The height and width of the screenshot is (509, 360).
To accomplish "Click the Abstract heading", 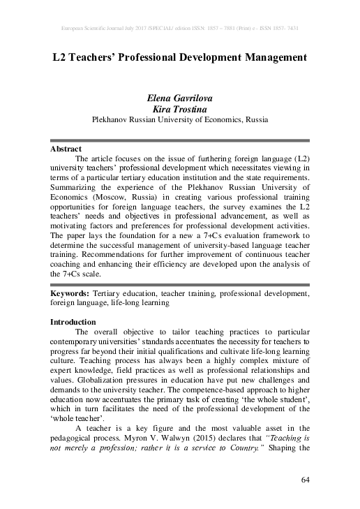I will [x=66, y=149].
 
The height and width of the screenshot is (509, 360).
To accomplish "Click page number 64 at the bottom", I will [x=305, y=480].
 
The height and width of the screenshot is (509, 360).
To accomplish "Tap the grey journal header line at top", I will [x=180, y=29].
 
